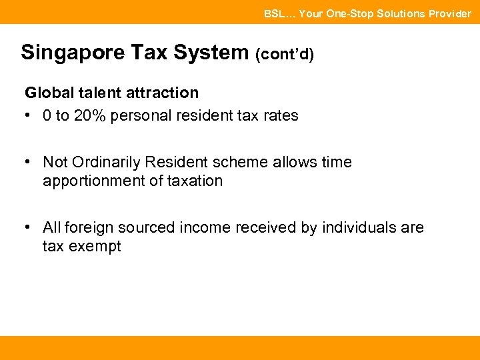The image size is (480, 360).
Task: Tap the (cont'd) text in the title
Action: (x=284, y=54)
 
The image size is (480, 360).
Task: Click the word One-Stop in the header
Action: (x=349, y=13)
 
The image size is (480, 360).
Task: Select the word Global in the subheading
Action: (x=47, y=93)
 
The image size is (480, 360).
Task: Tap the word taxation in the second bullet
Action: (x=193, y=181)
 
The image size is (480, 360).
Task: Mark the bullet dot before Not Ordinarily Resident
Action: (x=28, y=162)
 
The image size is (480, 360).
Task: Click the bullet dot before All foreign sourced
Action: (x=28, y=227)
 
